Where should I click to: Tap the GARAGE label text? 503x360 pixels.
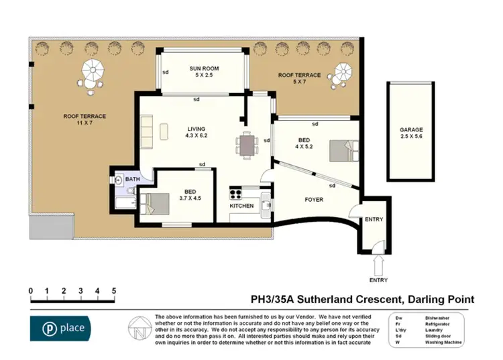tap(411, 129)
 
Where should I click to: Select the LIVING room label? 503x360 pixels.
tap(196, 129)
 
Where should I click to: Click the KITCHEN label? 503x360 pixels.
tap(241, 206)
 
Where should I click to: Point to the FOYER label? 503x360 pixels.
tap(314, 200)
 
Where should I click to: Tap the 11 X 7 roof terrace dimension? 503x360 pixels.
tap(85, 123)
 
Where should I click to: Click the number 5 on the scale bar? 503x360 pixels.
tap(114, 291)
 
